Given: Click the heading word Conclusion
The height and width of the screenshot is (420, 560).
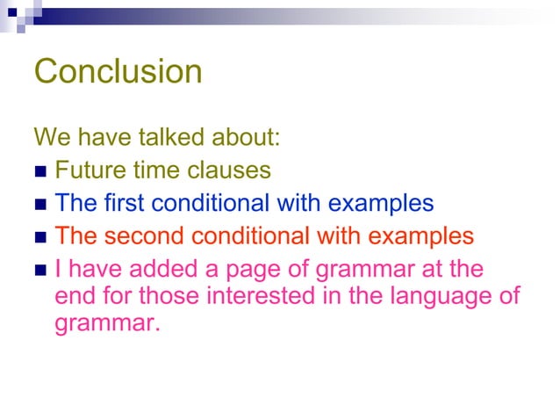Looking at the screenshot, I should (x=118, y=71).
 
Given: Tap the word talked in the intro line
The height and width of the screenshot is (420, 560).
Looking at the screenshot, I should (x=176, y=138).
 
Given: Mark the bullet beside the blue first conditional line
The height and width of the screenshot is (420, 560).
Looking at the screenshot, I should (x=40, y=204).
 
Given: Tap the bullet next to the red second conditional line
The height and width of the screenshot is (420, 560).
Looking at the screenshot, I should (x=40, y=236).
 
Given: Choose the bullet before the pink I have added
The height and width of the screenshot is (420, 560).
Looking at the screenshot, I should (x=40, y=269).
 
